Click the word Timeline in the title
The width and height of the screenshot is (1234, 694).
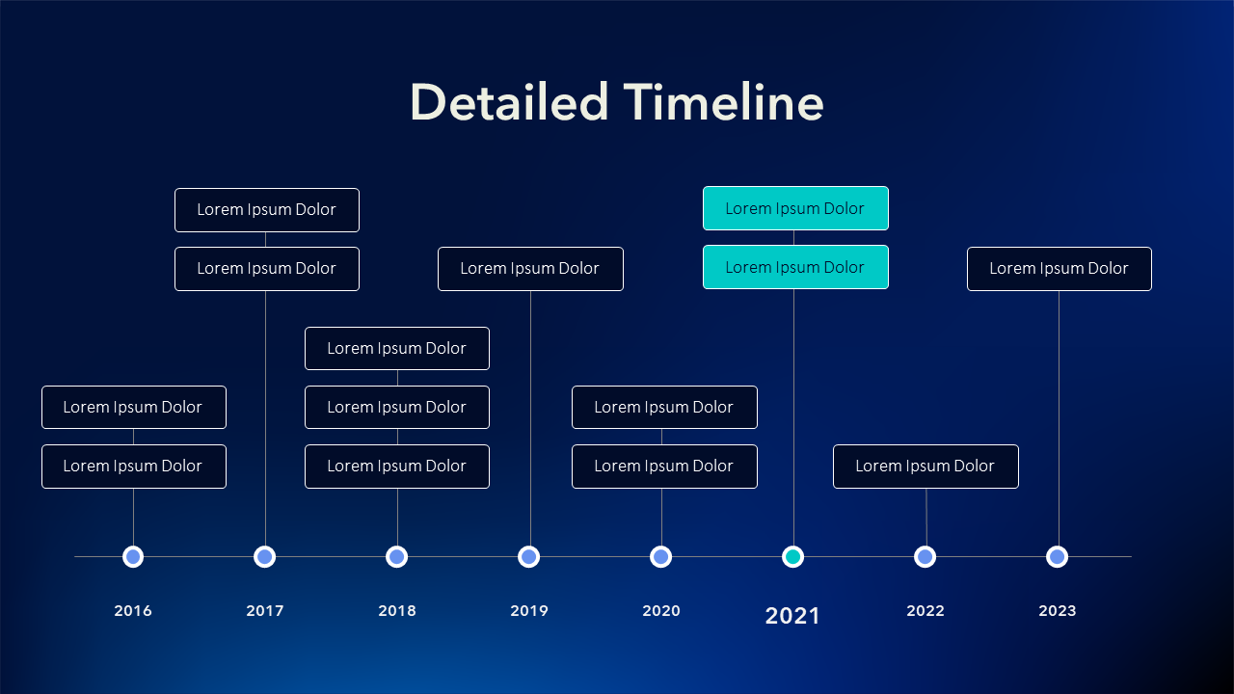[x=723, y=102]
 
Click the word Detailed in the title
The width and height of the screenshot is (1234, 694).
[x=510, y=102]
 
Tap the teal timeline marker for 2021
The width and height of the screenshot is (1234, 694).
[x=792, y=557]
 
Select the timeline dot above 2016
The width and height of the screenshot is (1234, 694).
[x=133, y=557]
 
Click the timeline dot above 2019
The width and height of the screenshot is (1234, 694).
[x=529, y=557]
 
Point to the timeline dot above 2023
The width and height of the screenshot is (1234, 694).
[x=1058, y=557]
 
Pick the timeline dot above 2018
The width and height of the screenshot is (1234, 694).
[x=396, y=557]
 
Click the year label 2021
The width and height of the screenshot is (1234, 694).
[x=792, y=616]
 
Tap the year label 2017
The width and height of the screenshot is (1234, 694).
[x=265, y=611]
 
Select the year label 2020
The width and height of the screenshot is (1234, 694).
[x=661, y=611]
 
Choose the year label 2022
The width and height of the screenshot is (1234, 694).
[x=925, y=611]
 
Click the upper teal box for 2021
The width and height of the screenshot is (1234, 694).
[x=795, y=208]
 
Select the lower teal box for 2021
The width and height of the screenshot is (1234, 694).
[x=795, y=267]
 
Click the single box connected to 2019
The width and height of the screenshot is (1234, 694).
[x=530, y=269]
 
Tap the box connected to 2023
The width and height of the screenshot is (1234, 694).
[x=1060, y=269]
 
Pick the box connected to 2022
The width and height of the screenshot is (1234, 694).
[x=926, y=467]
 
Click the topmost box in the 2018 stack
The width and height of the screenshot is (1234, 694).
[x=397, y=349]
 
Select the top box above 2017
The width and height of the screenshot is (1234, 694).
[x=267, y=210]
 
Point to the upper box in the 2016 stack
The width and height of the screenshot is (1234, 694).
[x=134, y=408]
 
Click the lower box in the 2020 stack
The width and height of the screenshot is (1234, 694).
[x=664, y=467]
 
